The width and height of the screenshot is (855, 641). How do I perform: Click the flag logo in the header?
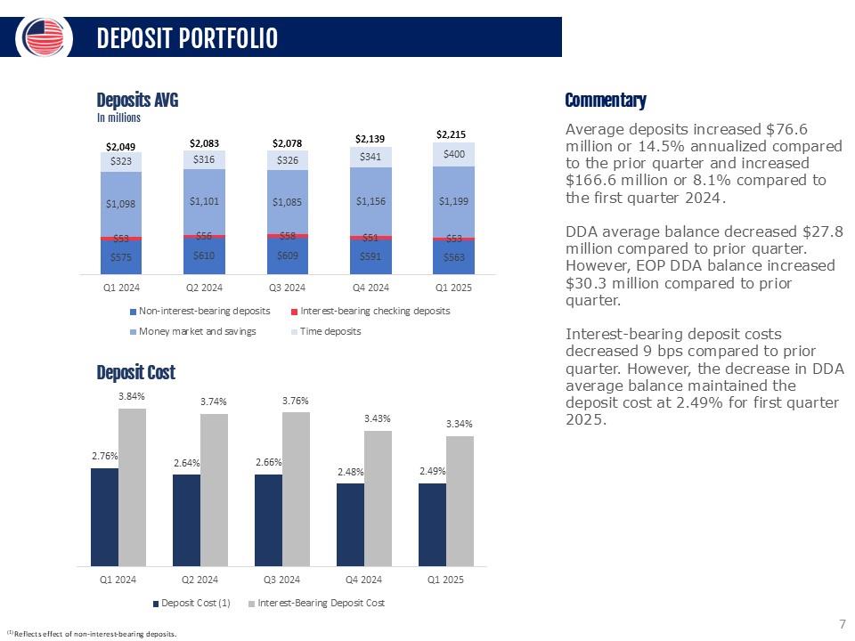point(44,37)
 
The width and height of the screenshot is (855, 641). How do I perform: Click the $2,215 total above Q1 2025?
point(451,134)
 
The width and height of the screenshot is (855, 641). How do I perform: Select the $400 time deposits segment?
point(453,154)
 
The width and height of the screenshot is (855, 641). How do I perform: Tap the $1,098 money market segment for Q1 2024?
point(120,205)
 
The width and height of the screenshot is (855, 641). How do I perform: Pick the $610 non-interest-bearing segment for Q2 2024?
point(204,256)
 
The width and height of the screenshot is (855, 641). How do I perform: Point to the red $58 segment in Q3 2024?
point(288,236)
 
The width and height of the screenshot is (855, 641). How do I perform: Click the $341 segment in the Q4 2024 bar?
point(370,157)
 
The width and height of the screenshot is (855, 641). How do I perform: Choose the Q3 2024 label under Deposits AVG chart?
point(288,288)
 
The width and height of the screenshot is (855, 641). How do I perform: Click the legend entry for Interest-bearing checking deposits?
point(370,312)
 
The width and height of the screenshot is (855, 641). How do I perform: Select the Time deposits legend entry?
point(326,331)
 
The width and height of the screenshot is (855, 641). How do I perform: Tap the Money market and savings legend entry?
point(193,331)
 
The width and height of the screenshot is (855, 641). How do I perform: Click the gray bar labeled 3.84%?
point(132,487)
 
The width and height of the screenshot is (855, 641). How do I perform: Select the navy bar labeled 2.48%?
point(350,525)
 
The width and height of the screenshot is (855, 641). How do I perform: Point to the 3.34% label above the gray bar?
point(460,424)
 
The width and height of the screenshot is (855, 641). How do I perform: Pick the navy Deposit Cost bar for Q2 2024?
point(186,521)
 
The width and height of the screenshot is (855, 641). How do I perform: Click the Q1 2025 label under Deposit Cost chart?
point(445,580)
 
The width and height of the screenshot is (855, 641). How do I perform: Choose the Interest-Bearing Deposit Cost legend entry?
point(316,604)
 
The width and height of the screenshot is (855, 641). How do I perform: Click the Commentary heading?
point(606,101)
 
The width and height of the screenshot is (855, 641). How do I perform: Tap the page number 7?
point(842,624)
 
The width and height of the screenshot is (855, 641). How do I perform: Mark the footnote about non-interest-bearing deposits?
point(91,634)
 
